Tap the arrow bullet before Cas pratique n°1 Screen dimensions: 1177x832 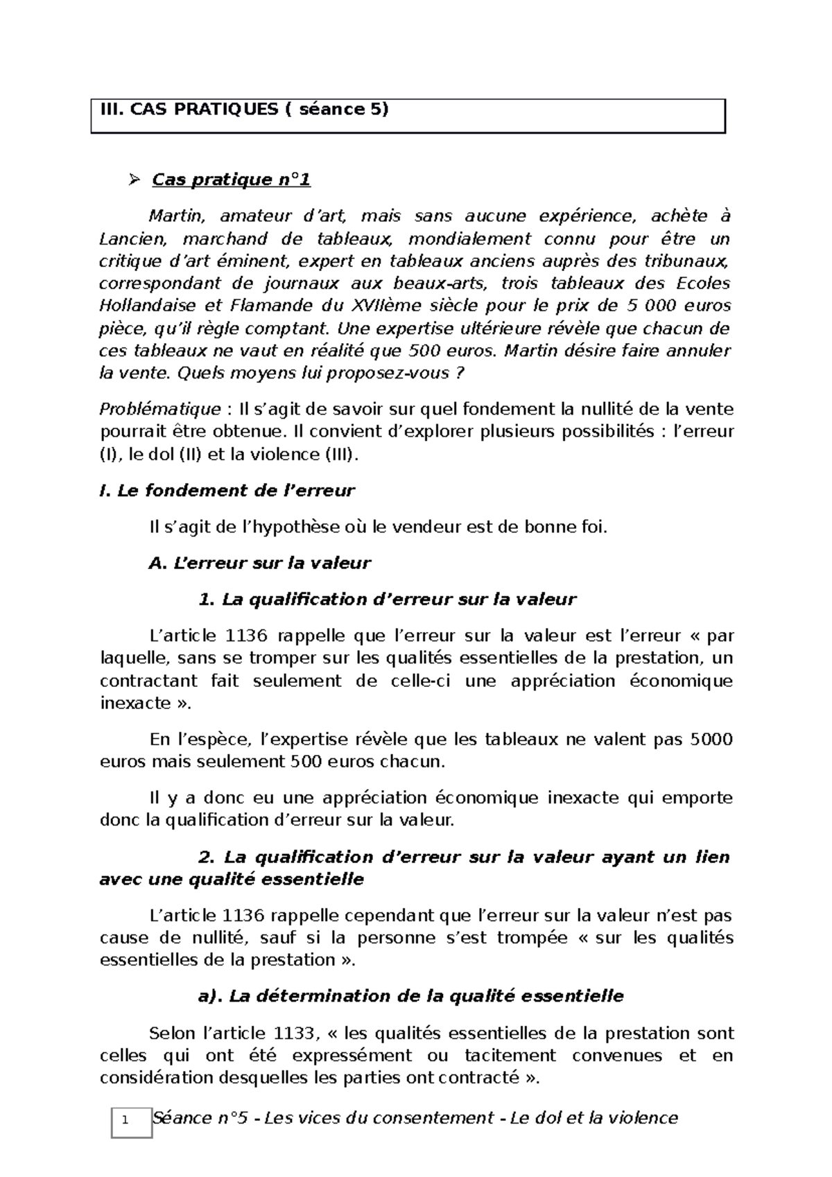[135, 181]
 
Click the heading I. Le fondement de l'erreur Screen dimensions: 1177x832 [227, 491]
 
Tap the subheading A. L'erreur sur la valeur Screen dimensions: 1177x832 [260, 563]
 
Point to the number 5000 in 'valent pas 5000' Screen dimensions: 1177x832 [711, 740]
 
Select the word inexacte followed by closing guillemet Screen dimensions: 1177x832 [135, 704]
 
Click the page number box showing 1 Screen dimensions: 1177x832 [132, 1122]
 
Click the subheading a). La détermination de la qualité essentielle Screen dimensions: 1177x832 [410, 996]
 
